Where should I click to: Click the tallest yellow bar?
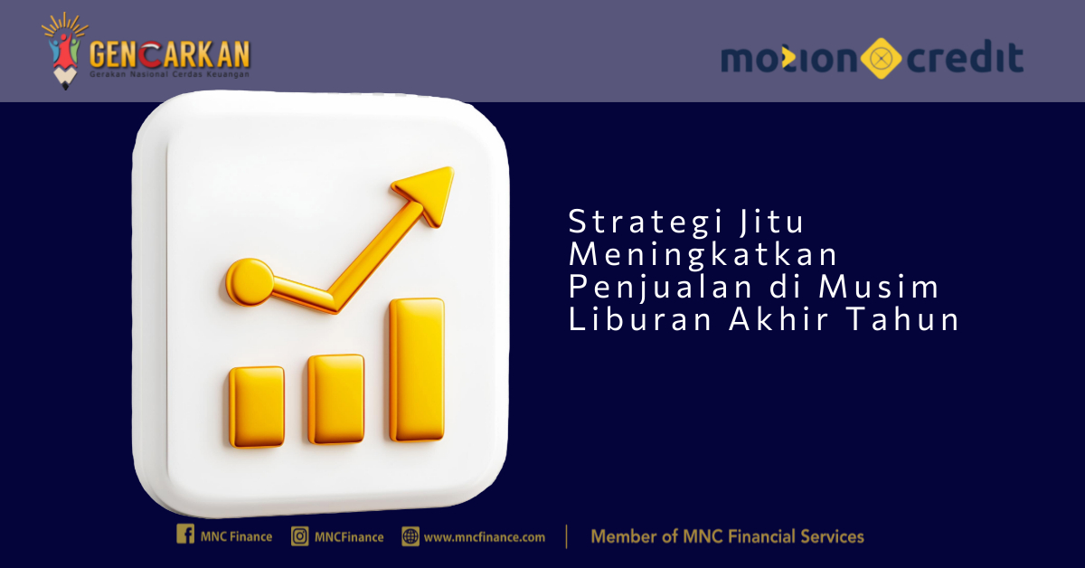(x=417, y=370)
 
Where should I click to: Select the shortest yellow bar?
(x=257, y=407)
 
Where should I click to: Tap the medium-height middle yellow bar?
(x=336, y=399)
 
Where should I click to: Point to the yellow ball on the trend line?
(x=250, y=282)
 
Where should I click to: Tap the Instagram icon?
(x=300, y=536)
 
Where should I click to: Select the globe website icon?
(x=410, y=536)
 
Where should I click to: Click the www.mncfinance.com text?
(x=485, y=537)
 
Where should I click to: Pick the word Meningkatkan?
(x=703, y=254)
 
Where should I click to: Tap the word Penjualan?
(x=660, y=287)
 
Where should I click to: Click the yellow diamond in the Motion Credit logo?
(x=881, y=58)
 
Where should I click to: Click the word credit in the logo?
(x=965, y=58)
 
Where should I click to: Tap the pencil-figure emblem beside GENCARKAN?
(x=65, y=51)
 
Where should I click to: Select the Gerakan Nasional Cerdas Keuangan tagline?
(x=169, y=74)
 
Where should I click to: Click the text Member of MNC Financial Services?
(x=727, y=536)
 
